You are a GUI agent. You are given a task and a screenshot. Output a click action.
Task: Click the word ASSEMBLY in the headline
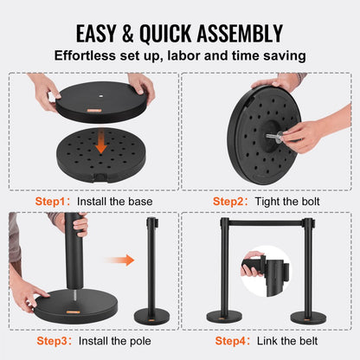click(x=240, y=34)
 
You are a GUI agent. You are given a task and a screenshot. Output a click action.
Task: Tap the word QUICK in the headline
click(x=165, y=34)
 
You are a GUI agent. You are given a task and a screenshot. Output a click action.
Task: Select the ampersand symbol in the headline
click(x=127, y=34)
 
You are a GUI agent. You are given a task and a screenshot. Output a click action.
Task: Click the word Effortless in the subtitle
click(x=85, y=55)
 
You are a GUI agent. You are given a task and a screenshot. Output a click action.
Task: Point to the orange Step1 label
click(x=50, y=202)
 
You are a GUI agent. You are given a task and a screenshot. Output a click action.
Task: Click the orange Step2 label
click(x=228, y=202)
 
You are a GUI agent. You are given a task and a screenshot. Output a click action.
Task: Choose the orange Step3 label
click(x=52, y=341)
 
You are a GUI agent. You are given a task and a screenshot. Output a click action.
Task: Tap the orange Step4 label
click(x=230, y=341)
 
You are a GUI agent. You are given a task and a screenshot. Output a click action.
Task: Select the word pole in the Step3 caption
click(x=140, y=341)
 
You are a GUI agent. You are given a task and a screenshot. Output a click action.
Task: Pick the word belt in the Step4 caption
click(x=308, y=341)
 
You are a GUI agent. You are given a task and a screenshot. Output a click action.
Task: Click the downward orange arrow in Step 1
click(x=101, y=141)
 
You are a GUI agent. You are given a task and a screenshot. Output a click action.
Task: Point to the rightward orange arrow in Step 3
click(x=119, y=260)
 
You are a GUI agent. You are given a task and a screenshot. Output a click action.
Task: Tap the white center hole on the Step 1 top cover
click(x=100, y=96)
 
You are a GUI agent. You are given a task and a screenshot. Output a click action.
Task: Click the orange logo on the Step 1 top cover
click(x=94, y=110)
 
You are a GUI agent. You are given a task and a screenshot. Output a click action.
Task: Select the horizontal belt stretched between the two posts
click(x=266, y=223)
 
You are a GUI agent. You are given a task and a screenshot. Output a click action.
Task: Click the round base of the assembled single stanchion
click(x=151, y=316)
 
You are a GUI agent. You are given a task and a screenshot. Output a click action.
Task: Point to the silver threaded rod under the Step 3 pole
click(x=75, y=295)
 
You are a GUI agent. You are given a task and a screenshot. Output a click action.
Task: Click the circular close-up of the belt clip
click(x=265, y=272)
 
